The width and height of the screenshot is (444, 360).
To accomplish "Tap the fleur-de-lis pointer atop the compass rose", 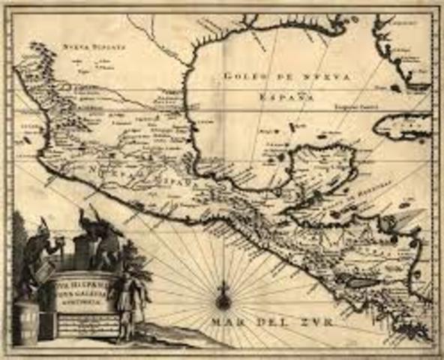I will pyautogui.click(x=223, y=286).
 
